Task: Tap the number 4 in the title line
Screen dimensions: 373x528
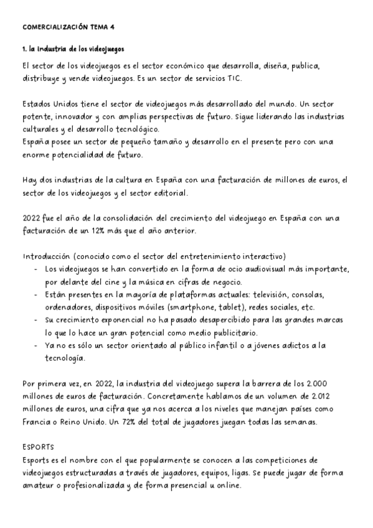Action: point(113,27)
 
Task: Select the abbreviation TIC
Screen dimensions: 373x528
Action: point(232,78)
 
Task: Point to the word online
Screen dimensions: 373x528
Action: point(225,486)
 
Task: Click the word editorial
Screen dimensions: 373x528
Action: point(172,193)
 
